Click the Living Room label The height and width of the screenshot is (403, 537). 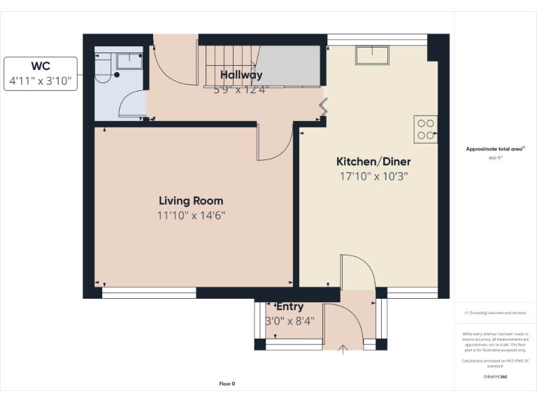pos(191,200)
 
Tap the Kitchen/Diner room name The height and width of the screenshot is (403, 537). pos(373,162)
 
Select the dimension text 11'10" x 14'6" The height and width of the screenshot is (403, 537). pos(191,215)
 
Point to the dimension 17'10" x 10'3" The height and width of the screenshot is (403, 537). pos(373,177)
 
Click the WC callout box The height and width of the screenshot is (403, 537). pos(41,73)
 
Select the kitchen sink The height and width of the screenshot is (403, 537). pos(372,55)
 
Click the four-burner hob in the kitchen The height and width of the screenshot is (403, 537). pos(425,129)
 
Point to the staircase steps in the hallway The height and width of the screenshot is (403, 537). pos(231,63)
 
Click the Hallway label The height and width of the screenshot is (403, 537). pos(241,75)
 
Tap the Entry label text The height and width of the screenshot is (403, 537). pos(289,306)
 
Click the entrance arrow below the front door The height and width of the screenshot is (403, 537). pos(343,349)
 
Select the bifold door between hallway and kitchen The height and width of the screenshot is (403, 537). pos(323,106)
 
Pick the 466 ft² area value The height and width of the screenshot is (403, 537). pos(495,158)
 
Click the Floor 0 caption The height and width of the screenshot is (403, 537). pos(227,383)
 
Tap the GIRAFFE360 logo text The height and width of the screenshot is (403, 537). pos(495,376)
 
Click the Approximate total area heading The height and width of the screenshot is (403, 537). pos(495,149)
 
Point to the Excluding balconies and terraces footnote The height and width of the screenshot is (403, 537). pos(495,313)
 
